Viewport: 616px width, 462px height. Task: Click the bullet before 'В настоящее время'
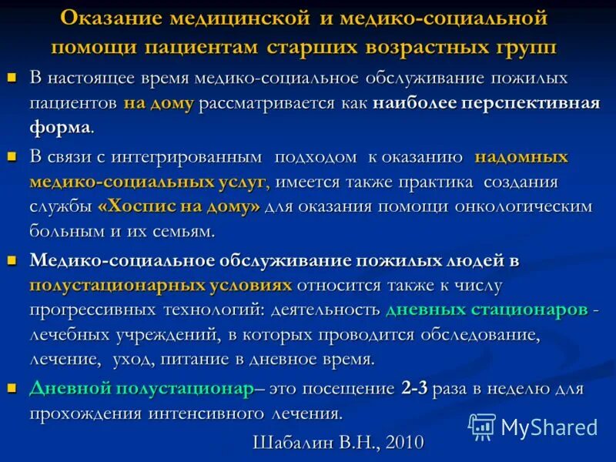(12, 78)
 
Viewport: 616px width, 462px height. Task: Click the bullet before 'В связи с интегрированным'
(12, 156)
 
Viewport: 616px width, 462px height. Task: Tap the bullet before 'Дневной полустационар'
(12, 388)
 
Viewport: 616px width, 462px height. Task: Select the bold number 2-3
(413, 389)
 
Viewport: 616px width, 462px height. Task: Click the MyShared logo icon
(482, 426)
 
